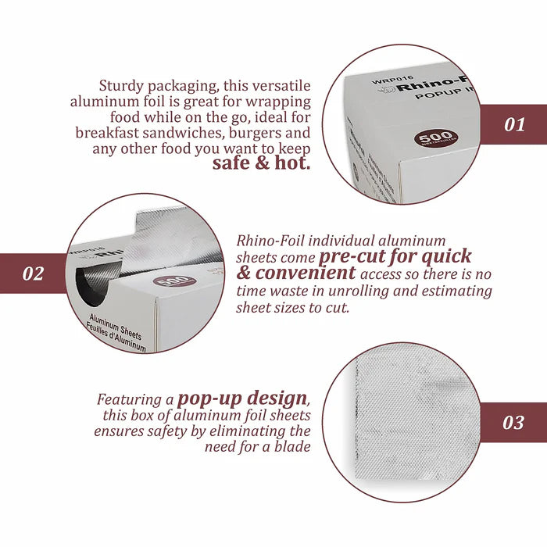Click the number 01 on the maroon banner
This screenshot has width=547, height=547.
(x=513, y=124)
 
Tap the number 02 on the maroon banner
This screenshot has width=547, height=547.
(x=34, y=273)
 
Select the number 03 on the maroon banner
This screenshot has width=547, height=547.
(x=513, y=423)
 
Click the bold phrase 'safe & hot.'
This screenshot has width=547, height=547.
(x=262, y=163)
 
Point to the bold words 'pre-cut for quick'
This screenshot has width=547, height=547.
(x=395, y=256)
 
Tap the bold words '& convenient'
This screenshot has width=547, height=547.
(x=296, y=273)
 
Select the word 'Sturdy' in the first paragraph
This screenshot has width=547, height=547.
(x=121, y=85)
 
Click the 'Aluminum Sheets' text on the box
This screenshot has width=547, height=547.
(x=116, y=332)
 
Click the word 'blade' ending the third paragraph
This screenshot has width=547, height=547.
(x=294, y=446)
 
